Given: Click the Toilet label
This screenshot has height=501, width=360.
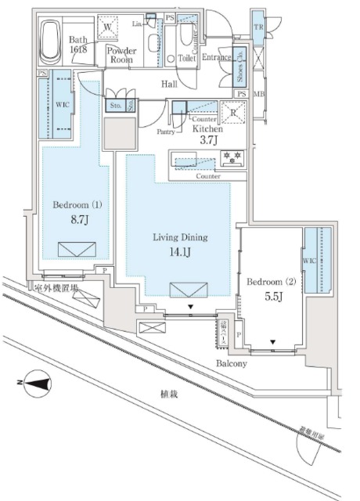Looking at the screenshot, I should (187, 58).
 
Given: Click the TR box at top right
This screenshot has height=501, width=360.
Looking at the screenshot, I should (257, 27).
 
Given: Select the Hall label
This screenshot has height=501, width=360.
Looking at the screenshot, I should (170, 83).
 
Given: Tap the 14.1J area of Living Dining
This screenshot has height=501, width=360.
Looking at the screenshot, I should (176, 253).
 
